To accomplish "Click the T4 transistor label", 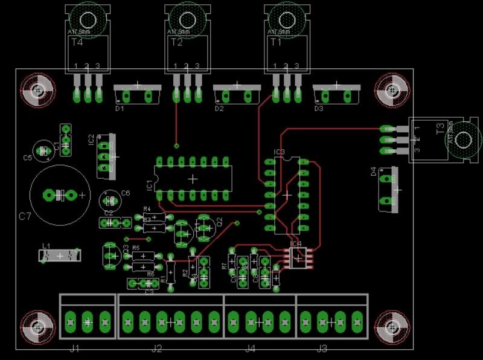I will [77, 42].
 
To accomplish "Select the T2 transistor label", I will [176, 42].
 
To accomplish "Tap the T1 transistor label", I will [276, 42].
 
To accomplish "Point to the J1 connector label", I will [75, 349].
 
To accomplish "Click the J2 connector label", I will [157, 349].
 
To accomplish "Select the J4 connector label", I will [251, 349].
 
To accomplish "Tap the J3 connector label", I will [322, 349].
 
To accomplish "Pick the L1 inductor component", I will [60, 256].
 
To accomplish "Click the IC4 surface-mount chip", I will [296, 257].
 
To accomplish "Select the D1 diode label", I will [119, 109].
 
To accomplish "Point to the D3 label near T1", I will [318, 109].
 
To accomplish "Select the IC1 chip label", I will [149, 184].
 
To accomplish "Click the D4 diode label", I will [373, 172].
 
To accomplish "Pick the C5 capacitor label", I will [27, 158].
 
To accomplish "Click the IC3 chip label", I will [279, 152].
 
